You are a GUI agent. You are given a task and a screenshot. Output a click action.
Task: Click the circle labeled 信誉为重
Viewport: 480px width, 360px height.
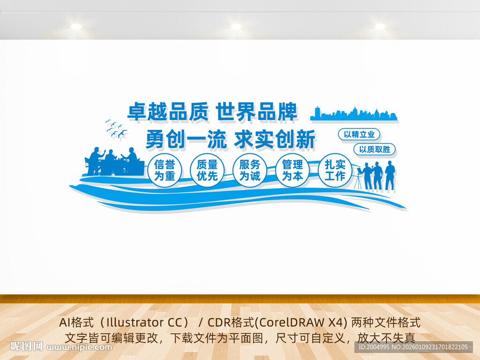pos(165,171)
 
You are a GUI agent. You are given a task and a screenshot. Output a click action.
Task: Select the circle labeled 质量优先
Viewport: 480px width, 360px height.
pos(207,171)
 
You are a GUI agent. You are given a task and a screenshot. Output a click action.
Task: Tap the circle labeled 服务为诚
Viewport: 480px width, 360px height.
pos(250,171)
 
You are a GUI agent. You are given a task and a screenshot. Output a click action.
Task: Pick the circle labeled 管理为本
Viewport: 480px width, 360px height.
pos(292,171)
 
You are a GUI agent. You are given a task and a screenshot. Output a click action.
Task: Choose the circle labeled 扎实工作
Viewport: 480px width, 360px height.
pos(335,171)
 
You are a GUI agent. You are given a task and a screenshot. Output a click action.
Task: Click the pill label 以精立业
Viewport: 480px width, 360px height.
pos(359,135)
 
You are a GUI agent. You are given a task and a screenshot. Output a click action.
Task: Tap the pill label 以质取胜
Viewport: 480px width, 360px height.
pos(375,150)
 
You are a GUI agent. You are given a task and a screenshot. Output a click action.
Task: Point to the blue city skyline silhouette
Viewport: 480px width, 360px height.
pos(354,114)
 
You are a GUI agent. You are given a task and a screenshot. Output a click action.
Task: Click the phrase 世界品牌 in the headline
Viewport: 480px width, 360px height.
pos(256,112)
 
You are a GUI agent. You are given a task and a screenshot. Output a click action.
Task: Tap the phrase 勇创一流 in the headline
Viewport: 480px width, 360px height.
pos(186,139)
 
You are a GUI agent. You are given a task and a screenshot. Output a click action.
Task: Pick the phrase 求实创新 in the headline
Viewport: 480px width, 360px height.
pos(275,139)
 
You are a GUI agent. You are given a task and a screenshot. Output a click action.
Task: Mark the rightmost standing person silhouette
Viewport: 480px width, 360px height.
pos(390,176)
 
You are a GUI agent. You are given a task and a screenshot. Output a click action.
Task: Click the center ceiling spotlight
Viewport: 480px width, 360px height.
pos(236,26)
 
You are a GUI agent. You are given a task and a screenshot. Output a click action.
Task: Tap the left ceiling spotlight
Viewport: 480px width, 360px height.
pos(76,26)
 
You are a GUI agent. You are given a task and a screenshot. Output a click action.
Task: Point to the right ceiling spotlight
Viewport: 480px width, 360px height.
pos(380,26)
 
